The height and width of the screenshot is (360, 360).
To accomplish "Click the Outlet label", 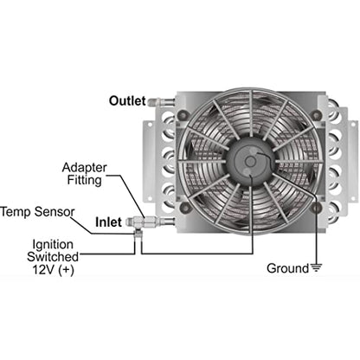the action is pyautogui.click(x=127, y=101).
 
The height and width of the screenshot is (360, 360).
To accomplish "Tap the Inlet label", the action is pyautogui.click(x=108, y=222).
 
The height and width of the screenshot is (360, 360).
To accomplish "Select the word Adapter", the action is pyautogui.click(x=84, y=168).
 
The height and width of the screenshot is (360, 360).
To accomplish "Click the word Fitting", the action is pyautogui.click(x=84, y=181).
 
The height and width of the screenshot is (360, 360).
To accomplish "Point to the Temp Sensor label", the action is pyautogui.click(x=37, y=212).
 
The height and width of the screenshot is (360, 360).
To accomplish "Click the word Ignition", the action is pyautogui.click(x=53, y=245).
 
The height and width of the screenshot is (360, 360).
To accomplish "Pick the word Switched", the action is pyautogui.click(x=53, y=257).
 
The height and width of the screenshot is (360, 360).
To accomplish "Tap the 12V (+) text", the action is pyautogui.click(x=53, y=269).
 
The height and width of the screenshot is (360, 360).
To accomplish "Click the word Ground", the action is pyautogui.click(x=287, y=268).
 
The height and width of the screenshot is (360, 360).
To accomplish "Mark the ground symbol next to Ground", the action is pyautogui.click(x=317, y=267).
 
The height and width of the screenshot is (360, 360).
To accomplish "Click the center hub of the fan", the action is pyautogui.click(x=250, y=161).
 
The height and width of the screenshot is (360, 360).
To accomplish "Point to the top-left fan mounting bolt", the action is pyautogui.click(x=183, y=115).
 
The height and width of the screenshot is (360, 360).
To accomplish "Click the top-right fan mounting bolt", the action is pyautogui.click(x=317, y=115).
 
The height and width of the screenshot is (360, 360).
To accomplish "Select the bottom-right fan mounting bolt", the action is pyautogui.click(x=317, y=207).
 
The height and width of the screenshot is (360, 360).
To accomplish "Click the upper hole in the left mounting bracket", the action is pyautogui.click(x=150, y=125).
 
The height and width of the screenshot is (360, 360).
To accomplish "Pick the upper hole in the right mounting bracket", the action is pyautogui.click(x=352, y=125).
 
